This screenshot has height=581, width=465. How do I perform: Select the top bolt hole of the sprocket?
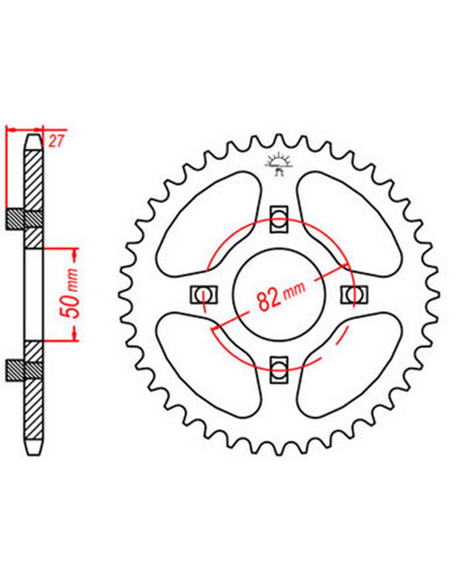(x=279, y=219)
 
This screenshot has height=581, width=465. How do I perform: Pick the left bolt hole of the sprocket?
(x=204, y=294)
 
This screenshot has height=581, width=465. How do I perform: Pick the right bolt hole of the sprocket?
(x=354, y=294)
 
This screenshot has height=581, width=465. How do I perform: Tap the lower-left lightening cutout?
(x=208, y=364)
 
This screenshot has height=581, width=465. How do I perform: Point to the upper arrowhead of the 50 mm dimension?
(x=75, y=255)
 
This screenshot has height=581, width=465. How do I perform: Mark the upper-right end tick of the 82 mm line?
(x=345, y=265)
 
